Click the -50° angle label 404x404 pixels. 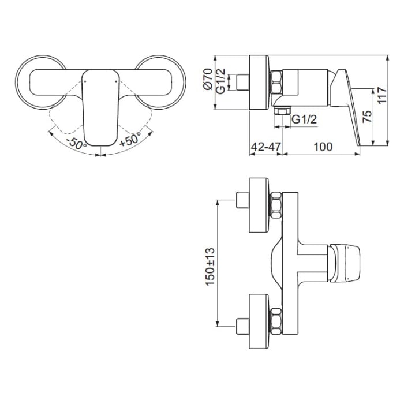(76, 141)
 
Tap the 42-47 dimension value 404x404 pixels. (265, 147)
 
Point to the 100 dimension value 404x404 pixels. (323, 147)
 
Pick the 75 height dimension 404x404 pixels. (367, 115)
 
